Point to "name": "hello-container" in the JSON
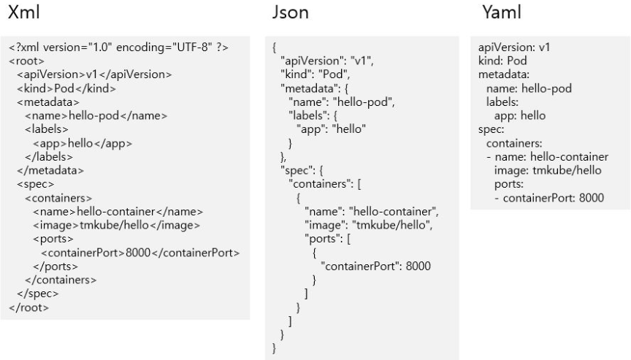[x=370, y=212]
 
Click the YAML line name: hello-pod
[x=529, y=88]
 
